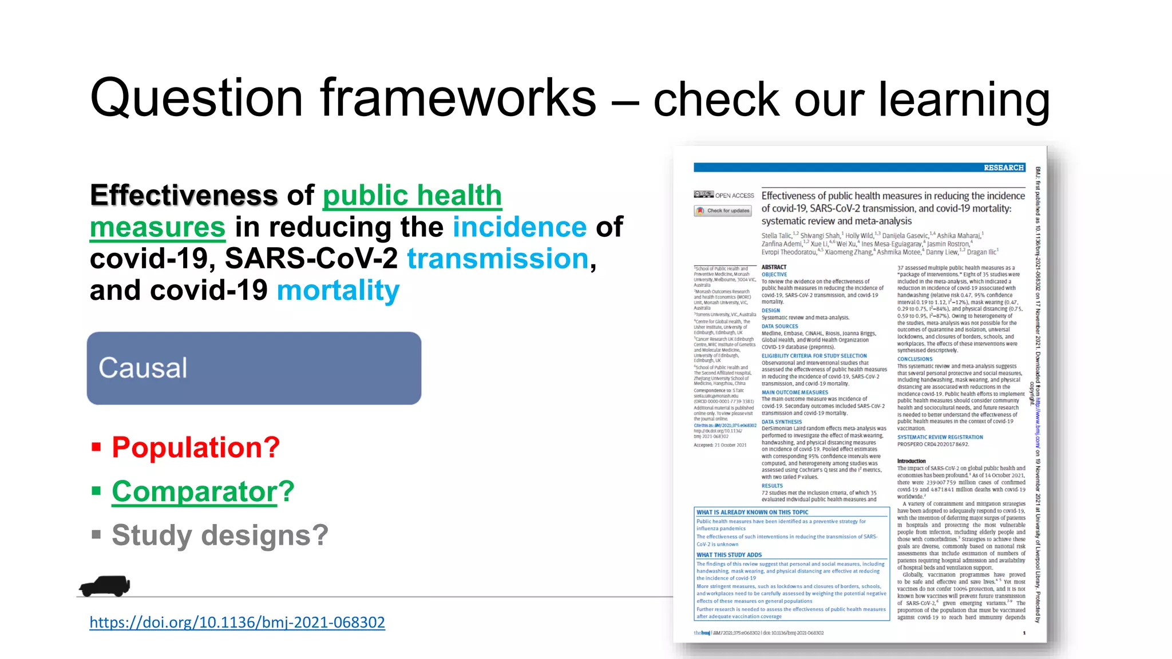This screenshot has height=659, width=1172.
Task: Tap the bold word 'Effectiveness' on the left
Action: point(184,195)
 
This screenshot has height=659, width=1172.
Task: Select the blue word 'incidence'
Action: point(520,227)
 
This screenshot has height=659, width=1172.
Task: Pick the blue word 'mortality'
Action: point(338,291)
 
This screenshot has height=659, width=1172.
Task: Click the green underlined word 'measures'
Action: point(157,227)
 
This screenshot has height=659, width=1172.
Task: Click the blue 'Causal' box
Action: point(254,368)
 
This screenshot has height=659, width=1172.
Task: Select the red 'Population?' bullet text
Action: point(196,447)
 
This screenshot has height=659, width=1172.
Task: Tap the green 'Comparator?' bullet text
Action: point(203,491)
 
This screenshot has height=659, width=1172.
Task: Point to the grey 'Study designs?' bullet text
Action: point(220,535)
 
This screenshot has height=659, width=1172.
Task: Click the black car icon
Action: point(105,586)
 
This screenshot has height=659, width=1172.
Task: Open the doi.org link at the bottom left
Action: point(237,622)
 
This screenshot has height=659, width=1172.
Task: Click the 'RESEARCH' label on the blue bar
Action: point(1003,168)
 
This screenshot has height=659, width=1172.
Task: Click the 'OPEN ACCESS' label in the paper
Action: point(734,195)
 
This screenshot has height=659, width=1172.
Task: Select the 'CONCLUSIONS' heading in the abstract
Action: point(914,359)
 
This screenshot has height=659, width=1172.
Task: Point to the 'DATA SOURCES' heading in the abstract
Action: point(779,326)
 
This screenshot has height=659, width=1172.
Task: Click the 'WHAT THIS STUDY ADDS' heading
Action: point(728,555)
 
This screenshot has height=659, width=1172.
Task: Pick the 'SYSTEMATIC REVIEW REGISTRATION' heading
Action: point(940,437)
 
